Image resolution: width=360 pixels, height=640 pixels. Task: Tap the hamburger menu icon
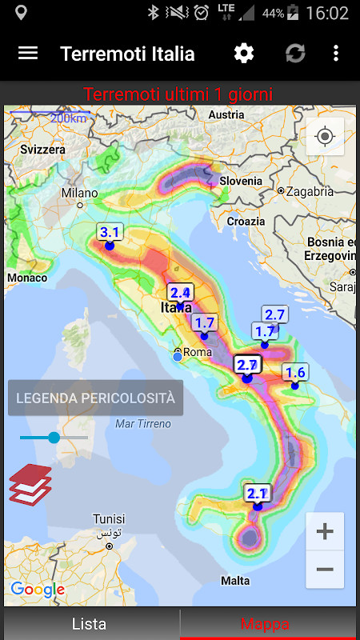(28, 54)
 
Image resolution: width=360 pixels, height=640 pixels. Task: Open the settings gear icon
(243, 54)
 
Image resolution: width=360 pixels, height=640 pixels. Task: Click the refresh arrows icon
(295, 54)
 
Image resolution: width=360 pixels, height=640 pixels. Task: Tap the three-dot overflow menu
(336, 54)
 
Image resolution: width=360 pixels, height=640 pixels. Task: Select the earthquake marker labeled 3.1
(110, 234)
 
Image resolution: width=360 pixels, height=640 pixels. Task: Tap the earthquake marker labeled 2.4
(180, 294)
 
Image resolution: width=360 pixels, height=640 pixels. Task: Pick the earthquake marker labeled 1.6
(295, 373)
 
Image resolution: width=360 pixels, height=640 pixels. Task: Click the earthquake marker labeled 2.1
(258, 494)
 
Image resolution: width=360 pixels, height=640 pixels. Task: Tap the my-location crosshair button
(325, 136)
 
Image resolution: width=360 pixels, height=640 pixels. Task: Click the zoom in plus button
(325, 531)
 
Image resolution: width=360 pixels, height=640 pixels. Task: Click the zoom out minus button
(325, 570)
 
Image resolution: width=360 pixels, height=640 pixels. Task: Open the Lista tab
(90, 624)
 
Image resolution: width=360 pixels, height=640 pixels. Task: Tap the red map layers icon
(30, 484)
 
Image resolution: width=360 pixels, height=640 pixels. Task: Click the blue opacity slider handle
(54, 438)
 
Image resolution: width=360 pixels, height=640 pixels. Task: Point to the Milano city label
(80, 193)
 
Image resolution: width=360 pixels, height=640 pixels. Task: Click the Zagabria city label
(309, 191)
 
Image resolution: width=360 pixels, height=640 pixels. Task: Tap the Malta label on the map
(235, 581)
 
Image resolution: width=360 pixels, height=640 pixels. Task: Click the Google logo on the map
(38, 590)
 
